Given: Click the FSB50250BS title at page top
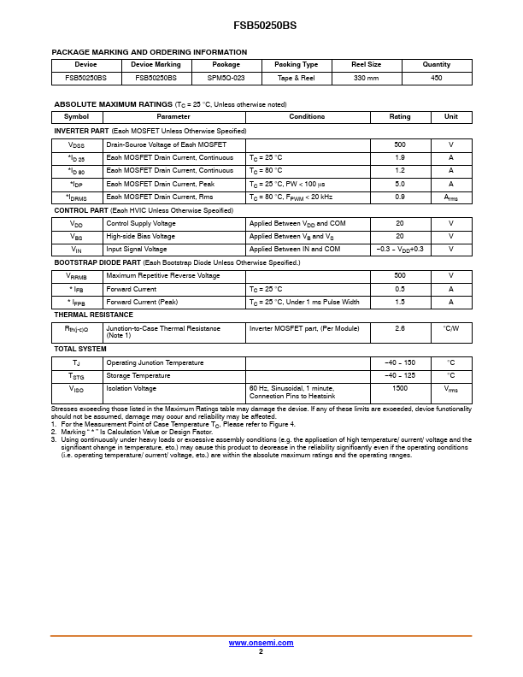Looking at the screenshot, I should (261, 26).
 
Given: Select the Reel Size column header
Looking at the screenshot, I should (367, 64).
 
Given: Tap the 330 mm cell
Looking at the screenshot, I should (367, 77).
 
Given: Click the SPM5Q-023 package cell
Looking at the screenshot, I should (226, 77).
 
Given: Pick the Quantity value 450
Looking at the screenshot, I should (436, 77).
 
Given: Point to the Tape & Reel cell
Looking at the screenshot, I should (296, 77).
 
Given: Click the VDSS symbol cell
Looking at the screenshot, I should (77, 145).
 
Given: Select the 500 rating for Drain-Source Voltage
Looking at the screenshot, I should (400, 145).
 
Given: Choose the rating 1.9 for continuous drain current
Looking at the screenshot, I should (400, 158).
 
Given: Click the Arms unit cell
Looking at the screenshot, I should (451, 197).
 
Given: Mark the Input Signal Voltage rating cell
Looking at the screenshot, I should (400, 249).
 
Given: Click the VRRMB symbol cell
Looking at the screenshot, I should (77, 276).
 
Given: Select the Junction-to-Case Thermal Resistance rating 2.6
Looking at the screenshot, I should (400, 328).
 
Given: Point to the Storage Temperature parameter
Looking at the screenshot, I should (138, 375).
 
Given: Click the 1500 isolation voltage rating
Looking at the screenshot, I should (400, 388).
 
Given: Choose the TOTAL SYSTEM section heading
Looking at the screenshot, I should (80, 349).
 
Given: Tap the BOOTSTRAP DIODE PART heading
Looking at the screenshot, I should (97, 262).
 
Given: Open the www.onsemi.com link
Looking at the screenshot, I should (261, 643).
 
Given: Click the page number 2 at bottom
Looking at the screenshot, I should (261, 651).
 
